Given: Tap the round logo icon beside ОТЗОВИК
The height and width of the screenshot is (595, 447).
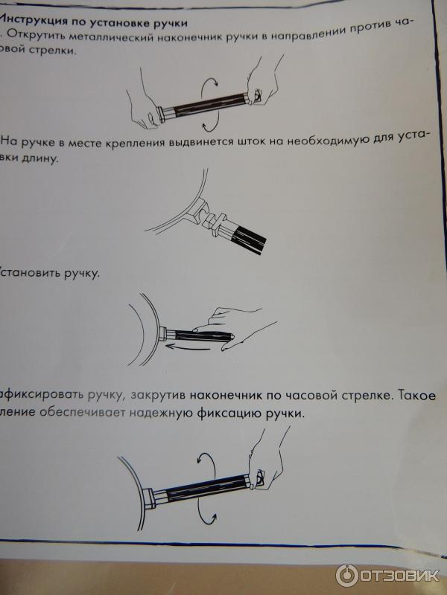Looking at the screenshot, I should (347, 575).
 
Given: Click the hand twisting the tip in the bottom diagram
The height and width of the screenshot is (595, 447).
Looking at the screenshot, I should (265, 460).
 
